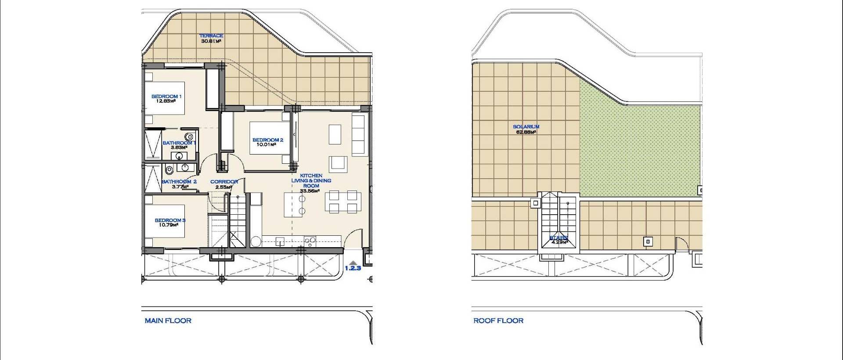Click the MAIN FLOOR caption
168,321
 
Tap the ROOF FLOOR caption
498,321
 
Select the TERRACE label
211,36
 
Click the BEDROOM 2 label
268,140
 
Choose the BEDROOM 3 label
170,220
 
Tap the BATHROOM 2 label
179,181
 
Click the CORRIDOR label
224,181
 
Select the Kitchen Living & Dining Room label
311,180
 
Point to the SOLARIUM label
526,127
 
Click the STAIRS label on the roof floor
559,238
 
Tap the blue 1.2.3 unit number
353,268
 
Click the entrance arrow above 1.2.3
353,262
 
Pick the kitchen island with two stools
295,205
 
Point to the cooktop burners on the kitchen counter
310,240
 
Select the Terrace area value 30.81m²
211,41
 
